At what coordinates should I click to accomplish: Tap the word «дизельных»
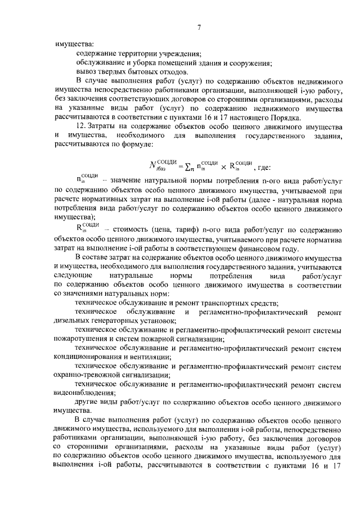point(73,321)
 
